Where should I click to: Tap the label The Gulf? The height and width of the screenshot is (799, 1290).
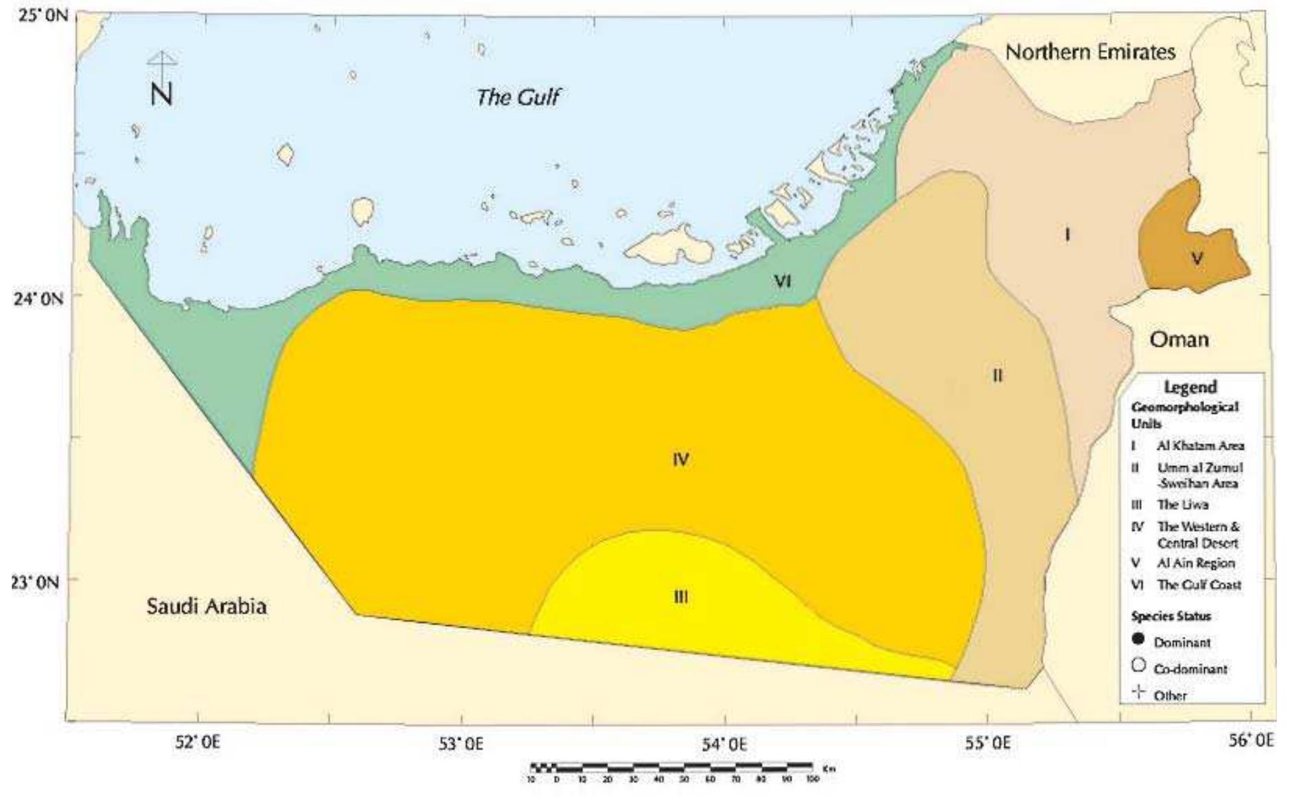point(518,97)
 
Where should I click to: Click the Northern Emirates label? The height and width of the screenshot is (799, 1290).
point(1090,52)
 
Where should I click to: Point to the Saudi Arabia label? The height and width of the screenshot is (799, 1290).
point(207,606)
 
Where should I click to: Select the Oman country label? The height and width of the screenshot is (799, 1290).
point(1179,339)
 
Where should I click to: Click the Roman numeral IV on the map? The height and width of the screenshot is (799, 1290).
point(680,459)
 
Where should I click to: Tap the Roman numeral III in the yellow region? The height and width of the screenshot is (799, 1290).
point(680,597)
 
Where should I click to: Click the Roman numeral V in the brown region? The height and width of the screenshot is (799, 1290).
point(1197,258)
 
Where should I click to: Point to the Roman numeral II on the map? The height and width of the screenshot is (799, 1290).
point(998,375)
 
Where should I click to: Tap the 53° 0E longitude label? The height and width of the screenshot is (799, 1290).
point(461,743)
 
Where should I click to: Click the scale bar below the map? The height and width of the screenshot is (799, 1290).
point(671,766)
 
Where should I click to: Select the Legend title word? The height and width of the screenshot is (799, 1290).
point(1190,387)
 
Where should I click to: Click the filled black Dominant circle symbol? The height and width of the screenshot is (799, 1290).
point(1139,640)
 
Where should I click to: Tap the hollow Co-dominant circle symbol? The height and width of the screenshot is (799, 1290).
point(1139,665)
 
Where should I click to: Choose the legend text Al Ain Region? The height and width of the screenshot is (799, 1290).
point(1196,563)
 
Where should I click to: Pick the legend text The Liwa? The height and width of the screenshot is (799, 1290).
point(1182,505)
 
